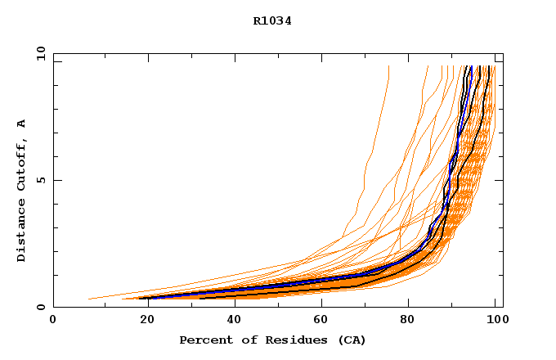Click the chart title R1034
[x=272, y=21]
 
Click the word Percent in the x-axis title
[x=202, y=340]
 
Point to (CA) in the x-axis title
[x=352, y=340]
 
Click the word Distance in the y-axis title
[x=21, y=236]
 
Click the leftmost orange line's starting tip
[x=88, y=299]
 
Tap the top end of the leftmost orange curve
[x=388, y=66]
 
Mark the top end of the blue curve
[x=471, y=66]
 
